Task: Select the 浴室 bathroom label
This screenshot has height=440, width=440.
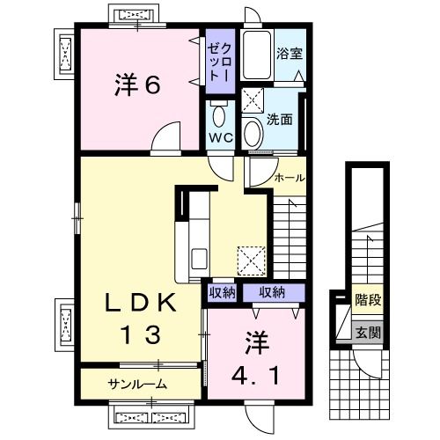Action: [290, 52]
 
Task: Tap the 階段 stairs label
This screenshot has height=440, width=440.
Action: [368, 301]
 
